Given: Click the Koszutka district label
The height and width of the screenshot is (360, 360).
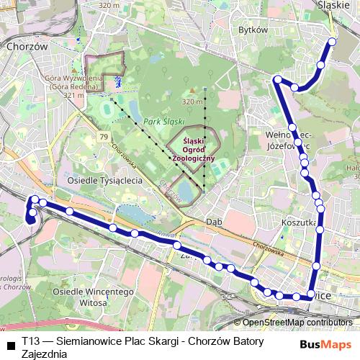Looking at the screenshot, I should click(300, 223).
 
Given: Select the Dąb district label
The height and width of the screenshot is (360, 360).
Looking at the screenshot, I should click(212, 222).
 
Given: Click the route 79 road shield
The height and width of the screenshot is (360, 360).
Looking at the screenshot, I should click(104, 136).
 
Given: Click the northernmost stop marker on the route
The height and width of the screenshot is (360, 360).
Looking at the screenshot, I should click(332, 41).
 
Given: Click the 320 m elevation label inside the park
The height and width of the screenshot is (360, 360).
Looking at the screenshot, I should click(193, 102).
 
